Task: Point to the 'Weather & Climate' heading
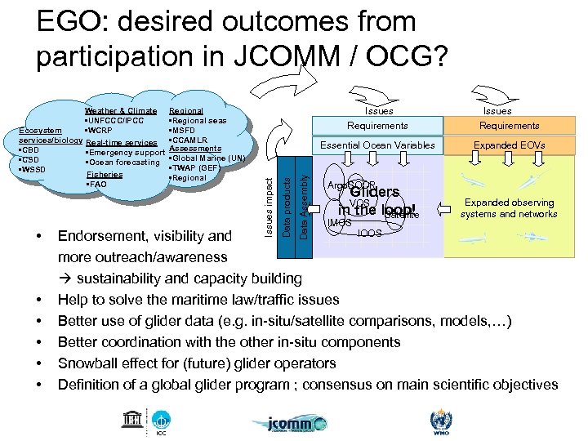point(121,111)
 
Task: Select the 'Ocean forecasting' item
point(122,162)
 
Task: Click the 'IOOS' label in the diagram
point(369,233)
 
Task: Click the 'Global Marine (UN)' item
point(207,158)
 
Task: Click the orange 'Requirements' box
point(509,126)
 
